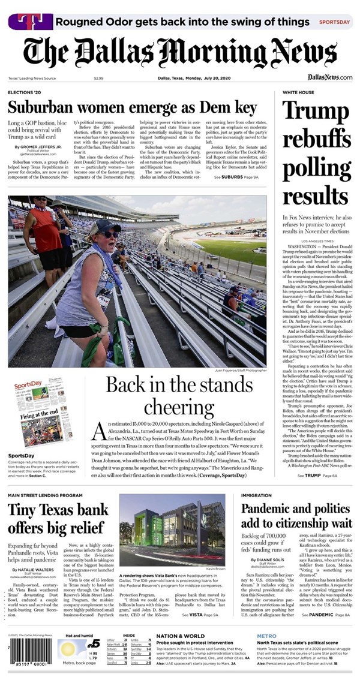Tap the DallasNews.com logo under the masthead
[x=330, y=78]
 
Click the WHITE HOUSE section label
[x=298, y=93]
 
